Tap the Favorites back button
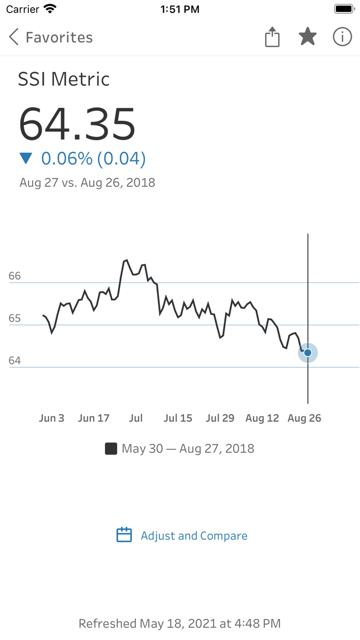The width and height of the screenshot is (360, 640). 50,37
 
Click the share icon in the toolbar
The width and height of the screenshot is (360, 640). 272,37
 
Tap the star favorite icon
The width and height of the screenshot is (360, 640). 308,37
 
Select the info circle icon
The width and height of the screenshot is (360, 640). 343,37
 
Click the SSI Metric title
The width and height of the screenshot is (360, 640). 64,79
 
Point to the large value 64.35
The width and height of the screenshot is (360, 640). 77,123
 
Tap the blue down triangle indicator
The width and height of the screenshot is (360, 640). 26,158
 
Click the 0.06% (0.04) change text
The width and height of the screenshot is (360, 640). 94,158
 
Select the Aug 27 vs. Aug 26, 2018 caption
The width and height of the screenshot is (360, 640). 87,183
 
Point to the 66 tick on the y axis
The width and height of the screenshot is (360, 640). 15,276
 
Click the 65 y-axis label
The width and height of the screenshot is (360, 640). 15,318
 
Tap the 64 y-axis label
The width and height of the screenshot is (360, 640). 15,361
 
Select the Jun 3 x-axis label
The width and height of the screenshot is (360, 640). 51,418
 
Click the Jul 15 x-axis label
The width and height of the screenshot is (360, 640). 178,418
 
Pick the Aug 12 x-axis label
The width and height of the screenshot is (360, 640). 262,418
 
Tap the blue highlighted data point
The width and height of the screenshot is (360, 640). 308,353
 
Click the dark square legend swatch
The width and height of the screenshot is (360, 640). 111,449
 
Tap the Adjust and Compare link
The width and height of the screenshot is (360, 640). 194,536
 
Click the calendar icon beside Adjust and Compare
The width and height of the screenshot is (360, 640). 124,535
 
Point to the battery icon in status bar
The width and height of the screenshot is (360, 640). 344,9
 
